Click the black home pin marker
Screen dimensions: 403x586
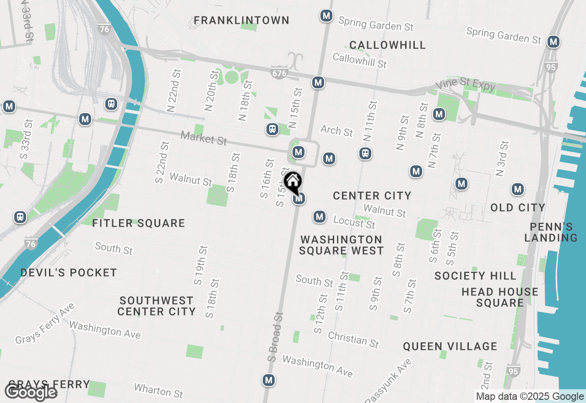pyautogui.click(x=293, y=182)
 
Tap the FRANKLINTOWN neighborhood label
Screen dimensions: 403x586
pyautogui.click(x=241, y=21)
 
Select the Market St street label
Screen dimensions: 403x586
pyautogui.click(x=204, y=138)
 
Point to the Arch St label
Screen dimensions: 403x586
pyautogui.click(x=336, y=131)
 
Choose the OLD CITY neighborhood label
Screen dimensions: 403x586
pyautogui.click(x=518, y=207)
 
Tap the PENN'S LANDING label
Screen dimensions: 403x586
pyautogui.click(x=551, y=232)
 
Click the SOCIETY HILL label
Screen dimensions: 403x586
pyautogui.click(x=476, y=276)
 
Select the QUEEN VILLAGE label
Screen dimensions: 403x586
pyautogui.click(x=450, y=346)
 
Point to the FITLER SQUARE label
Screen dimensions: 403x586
pyautogui.click(x=139, y=223)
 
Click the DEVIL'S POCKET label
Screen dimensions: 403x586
pyautogui.click(x=69, y=272)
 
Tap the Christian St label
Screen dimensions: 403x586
pyautogui.click(x=353, y=339)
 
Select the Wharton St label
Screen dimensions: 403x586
pyautogui.click(x=158, y=391)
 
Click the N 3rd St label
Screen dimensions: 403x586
pyautogui.click(x=502, y=158)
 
